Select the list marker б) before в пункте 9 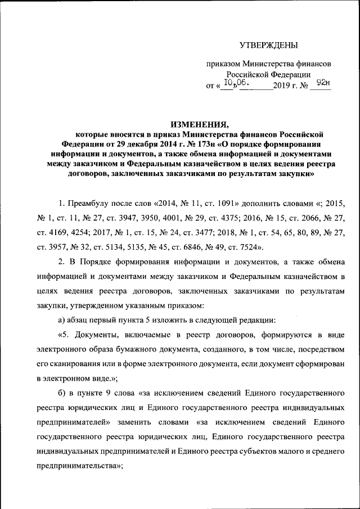[x=62, y=392]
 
